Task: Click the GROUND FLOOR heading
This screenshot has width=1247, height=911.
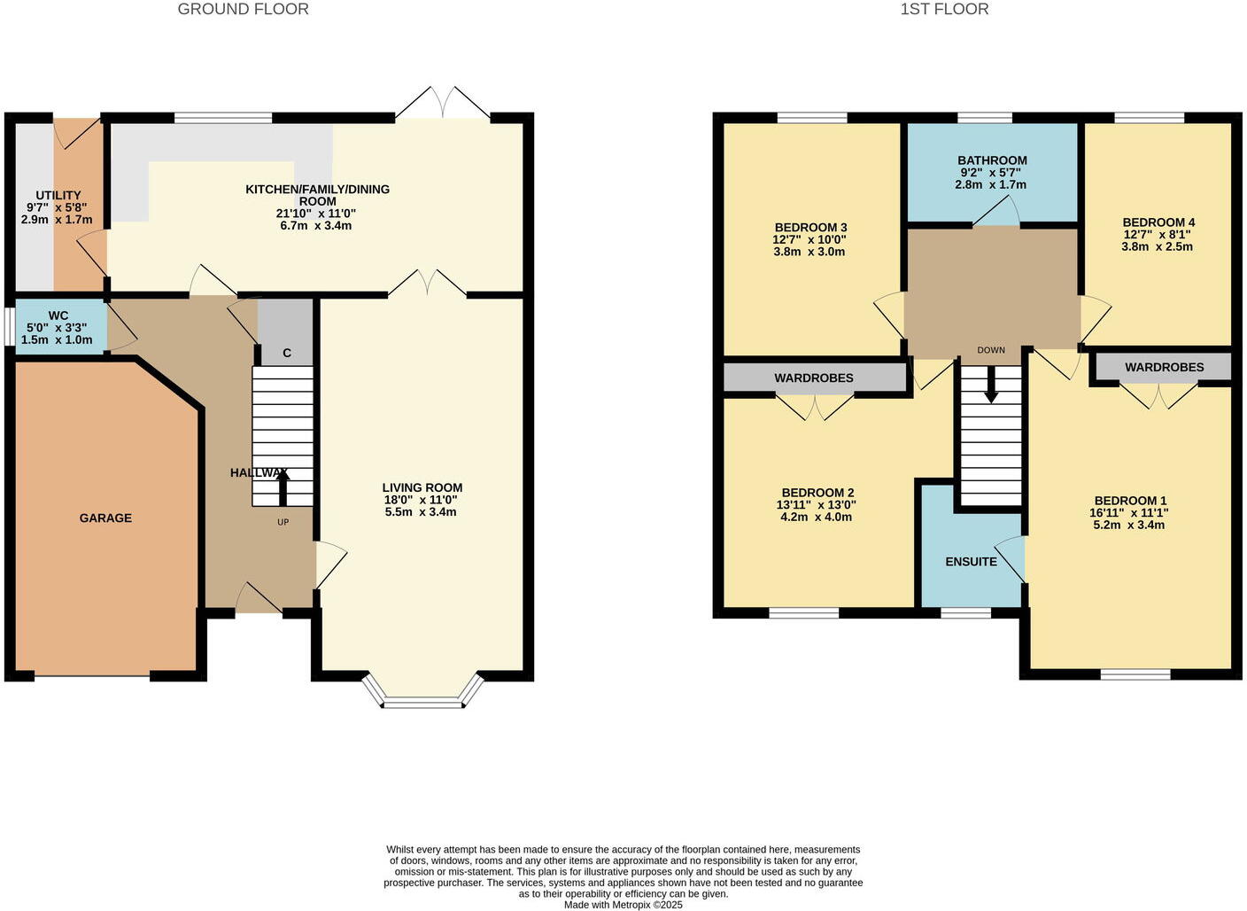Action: [x=243, y=10]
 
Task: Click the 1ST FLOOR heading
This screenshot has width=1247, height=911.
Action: [x=944, y=10]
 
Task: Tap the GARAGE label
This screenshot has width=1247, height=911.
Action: [x=105, y=518]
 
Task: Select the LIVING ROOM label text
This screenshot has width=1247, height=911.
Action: [x=422, y=487]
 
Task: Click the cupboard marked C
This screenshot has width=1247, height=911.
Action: [x=286, y=353]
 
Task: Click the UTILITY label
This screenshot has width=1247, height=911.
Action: [x=58, y=196]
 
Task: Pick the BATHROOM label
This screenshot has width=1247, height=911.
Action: [x=992, y=160]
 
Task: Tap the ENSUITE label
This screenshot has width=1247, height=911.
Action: [x=971, y=562]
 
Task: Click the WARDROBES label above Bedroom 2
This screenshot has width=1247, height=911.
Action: [x=814, y=378]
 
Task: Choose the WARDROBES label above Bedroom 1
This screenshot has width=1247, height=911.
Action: [x=1164, y=367]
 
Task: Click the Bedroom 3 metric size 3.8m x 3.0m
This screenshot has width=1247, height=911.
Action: [x=809, y=252]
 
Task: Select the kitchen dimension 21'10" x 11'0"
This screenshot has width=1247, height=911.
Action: [x=317, y=214]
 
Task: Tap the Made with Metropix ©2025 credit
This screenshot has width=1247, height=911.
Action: [x=623, y=905]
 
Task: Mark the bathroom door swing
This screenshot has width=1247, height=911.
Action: [x=995, y=213]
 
